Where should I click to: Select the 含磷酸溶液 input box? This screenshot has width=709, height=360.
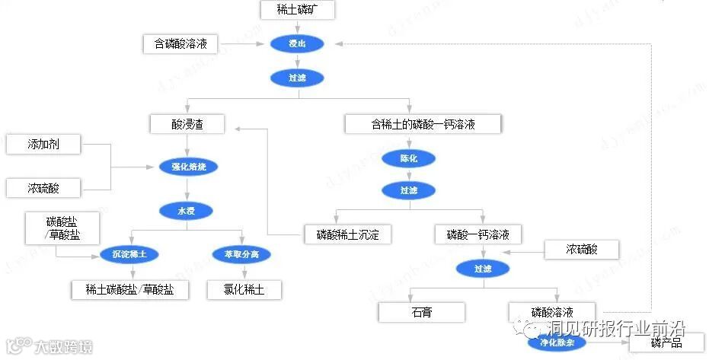pyautogui.click(x=180, y=44)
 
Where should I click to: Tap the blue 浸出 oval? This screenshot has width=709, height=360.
pyautogui.click(x=297, y=44)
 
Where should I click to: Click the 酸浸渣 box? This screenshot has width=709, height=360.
pyautogui.click(x=187, y=124)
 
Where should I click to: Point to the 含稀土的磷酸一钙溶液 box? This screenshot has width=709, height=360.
pyautogui.click(x=423, y=124)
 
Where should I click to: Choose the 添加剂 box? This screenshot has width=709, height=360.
pyautogui.click(x=43, y=144)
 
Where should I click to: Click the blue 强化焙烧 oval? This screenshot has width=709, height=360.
pyautogui.click(x=189, y=166)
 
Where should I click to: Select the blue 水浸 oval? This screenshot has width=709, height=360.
pyautogui.click(x=186, y=210)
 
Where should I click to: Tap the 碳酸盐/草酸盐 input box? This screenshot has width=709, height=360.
pyautogui.click(x=62, y=228)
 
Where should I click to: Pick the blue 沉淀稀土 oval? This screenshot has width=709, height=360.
pyautogui.click(x=129, y=254)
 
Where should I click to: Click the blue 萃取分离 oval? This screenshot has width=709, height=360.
pyautogui.click(x=241, y=254)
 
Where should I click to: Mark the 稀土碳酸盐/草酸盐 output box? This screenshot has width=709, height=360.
pyautogui.click(x=129, y=289)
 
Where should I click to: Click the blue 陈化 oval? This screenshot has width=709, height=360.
pyautogui.click(x=409, y=158)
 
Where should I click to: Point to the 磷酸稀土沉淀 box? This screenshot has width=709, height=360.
pyautogui.click(x=348, y=234)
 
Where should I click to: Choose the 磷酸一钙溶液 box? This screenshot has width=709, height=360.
pyautogui.click(x=477, y=234)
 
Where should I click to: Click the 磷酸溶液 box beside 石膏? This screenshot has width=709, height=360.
pyautogui.click(x=551, y=311)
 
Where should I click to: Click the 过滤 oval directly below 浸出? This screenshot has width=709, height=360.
pyautogui.click(x=297, y=78)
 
